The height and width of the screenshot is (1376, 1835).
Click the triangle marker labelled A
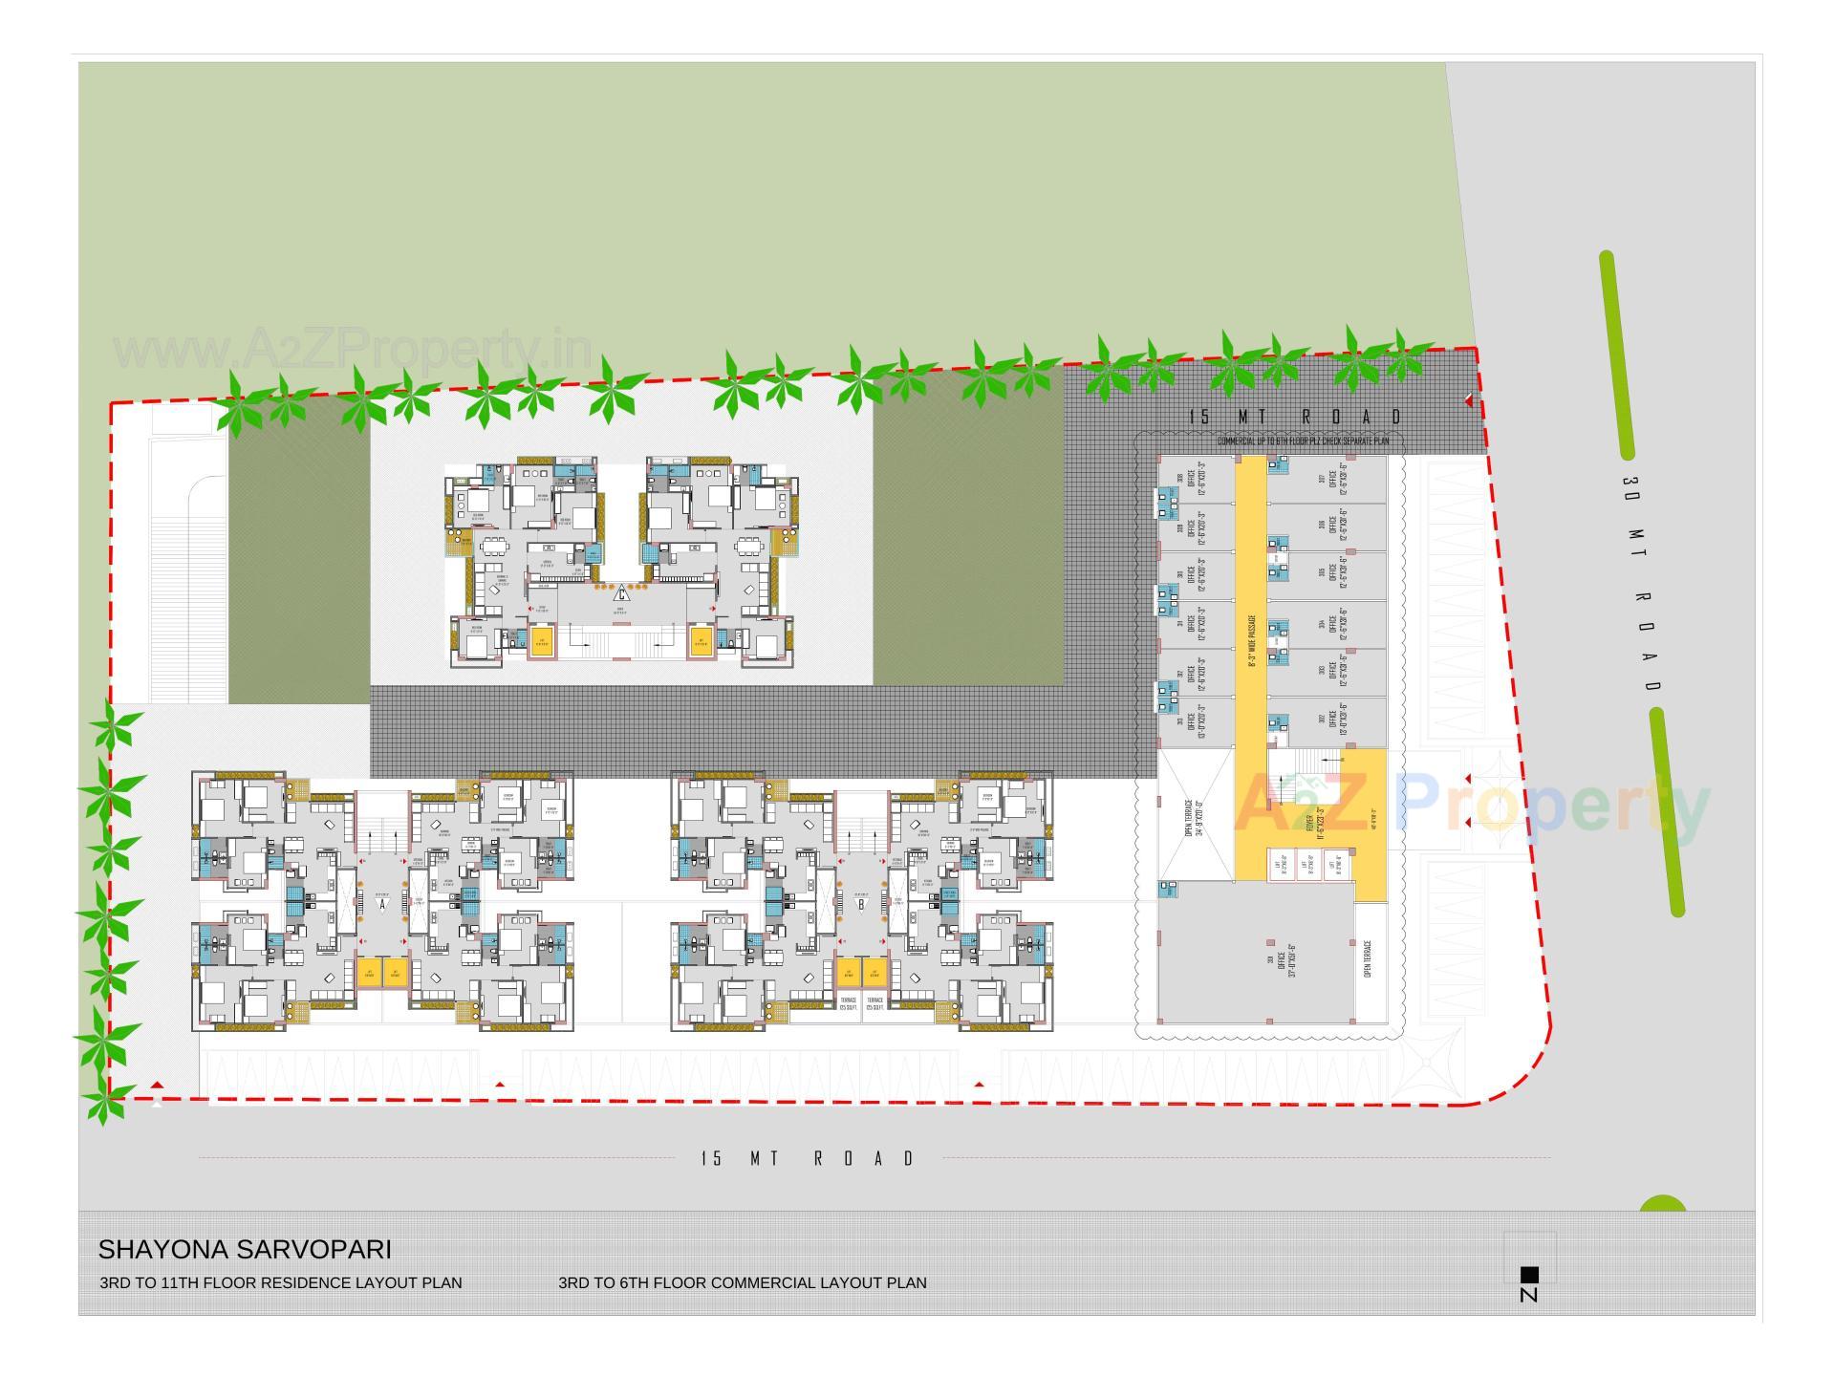[382, 903]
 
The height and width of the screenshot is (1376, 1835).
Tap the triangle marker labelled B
[861, 903]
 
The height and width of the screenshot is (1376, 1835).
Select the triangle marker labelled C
[621, 591]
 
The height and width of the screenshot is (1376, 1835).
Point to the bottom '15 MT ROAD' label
[809, 1158]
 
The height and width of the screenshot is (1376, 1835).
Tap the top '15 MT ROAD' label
[1295, 417]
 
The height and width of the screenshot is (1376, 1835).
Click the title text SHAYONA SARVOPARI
[245, 1249]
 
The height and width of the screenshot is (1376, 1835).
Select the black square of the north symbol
[1529, 1274]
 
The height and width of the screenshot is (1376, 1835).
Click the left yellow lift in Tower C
[542, 641]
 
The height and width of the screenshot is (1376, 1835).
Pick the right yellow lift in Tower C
[701, 641]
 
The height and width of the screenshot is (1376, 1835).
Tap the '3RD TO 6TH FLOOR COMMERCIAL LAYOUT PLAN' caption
[743, 1282]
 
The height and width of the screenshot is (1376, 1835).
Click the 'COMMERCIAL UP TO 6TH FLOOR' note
[1303, 441]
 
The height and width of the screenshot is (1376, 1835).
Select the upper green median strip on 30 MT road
[1617, 355]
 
